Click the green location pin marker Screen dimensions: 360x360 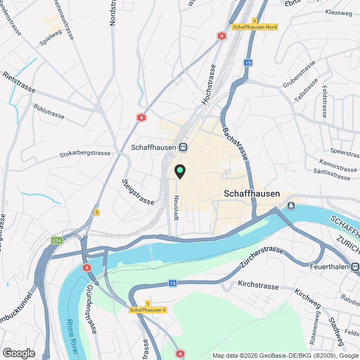tap(180, 171)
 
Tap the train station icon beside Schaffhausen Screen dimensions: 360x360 tap(183, 147)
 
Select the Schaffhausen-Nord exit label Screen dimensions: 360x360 tap(254, 26)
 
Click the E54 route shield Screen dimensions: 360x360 tap(56, 241)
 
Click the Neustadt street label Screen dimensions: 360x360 tap(176, 208)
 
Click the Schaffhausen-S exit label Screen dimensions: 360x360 tap(148, 310)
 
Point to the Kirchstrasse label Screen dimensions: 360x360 tap(258, 286)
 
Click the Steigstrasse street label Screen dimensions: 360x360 tap(137, 192)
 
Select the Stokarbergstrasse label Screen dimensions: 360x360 tap(85, 152)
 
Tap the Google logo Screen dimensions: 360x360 tap(19, 353)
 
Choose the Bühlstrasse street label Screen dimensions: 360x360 tap(49, 112)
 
